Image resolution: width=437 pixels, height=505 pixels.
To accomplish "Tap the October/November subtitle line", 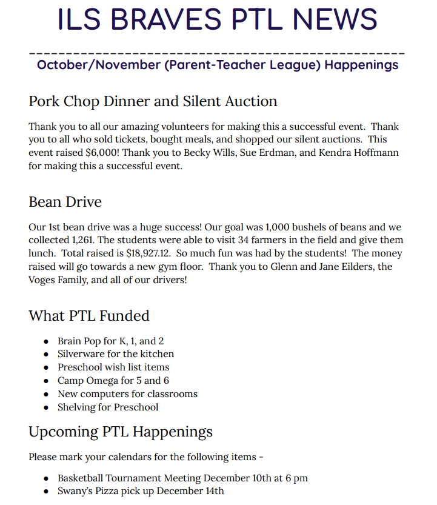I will pyautogui.click(x=218, y=64).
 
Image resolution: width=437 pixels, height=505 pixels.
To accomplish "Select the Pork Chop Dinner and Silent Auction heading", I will pyautogui.click(x=153, y=101).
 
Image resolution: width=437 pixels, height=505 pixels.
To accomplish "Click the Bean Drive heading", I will pyautogui.click(x=65, y=202).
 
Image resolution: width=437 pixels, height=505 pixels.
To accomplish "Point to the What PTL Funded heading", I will pyautogui.click(x=88, y=316).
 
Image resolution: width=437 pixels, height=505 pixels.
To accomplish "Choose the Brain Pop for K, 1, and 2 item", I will pyautogui.click(x=110, y=341).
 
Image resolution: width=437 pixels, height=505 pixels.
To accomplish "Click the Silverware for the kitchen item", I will pyautogui.click(x=116, y=354).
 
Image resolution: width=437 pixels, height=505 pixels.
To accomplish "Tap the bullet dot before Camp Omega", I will pyautogui.click(x=46, y=381).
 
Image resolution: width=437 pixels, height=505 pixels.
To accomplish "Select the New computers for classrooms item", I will pyautogui.click(x=127, y=394).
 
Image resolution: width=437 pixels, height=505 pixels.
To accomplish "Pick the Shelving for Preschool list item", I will pyautogui.click(x=108, y=407).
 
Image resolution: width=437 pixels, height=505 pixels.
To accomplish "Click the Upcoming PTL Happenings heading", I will pyautogui.click(x=121, y=432).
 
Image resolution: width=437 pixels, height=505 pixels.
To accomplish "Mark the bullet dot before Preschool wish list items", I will pyautogui.click(x=46, y=368).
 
